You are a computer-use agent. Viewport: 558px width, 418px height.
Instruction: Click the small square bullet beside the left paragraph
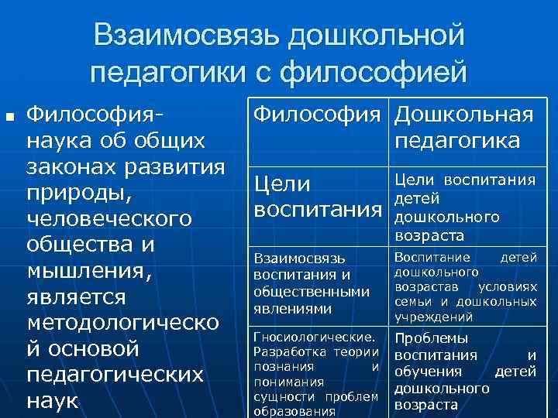coord(10,118)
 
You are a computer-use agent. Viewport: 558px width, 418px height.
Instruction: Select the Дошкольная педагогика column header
coord(463,128)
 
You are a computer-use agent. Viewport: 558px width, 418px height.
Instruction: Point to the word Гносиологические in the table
coord(314,337)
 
